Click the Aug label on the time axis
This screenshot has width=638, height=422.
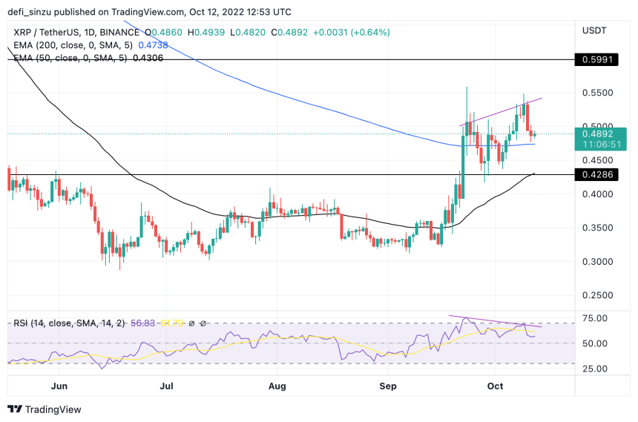(277, 386)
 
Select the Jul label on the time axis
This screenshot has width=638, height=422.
(167, 386)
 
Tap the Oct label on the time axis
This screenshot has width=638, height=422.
(496, 386)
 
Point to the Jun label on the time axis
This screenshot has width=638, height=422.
(60, 386)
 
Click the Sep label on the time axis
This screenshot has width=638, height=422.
(388, 386)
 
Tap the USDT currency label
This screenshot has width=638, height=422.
(595, 30)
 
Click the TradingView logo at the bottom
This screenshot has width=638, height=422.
(45, 409)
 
